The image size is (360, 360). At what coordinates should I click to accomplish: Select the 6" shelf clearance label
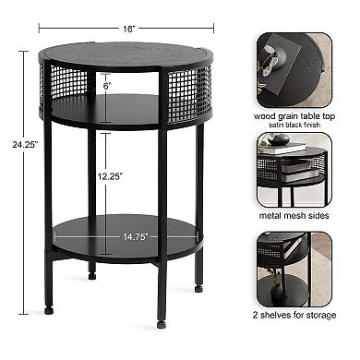tap(109, 84)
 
